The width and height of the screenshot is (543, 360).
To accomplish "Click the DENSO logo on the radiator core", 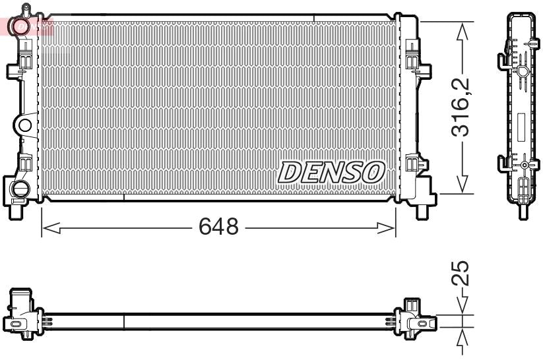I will (x=331, y=172).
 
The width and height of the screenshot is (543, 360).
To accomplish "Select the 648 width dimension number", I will (x=218, y=227).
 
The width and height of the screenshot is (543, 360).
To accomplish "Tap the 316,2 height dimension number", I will (x=461, y=107).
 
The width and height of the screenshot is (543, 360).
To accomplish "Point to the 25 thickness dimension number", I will (x=462, y=273).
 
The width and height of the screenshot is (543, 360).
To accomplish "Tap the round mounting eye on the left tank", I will (x=24, y=125).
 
